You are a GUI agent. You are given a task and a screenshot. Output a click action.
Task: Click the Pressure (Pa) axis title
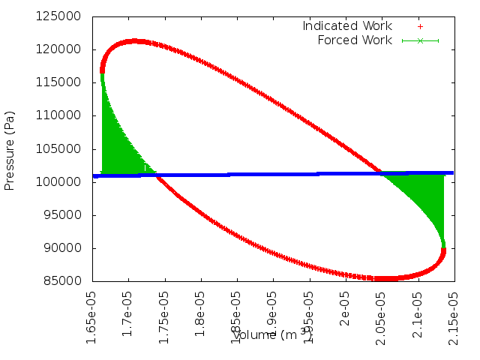[x=10, y=148]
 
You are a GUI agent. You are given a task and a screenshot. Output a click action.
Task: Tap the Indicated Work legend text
[x=347, y=26]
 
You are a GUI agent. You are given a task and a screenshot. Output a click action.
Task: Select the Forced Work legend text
[x=355, y=40]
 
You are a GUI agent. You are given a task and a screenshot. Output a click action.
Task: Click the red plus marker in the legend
[x=420, y=26]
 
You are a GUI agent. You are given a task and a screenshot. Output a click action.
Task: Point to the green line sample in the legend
[x=420, y=40]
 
